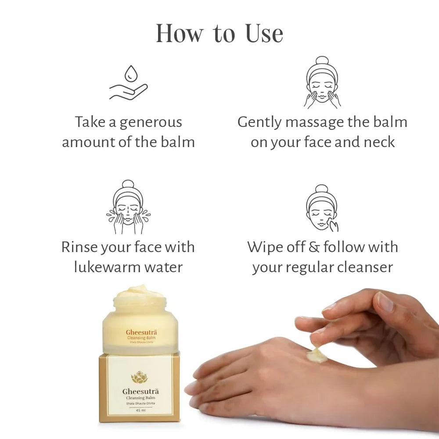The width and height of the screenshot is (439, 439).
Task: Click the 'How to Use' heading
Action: [219, 33]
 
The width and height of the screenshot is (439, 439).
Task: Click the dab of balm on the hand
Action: [316, 355]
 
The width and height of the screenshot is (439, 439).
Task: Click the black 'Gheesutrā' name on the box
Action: [140, 390]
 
